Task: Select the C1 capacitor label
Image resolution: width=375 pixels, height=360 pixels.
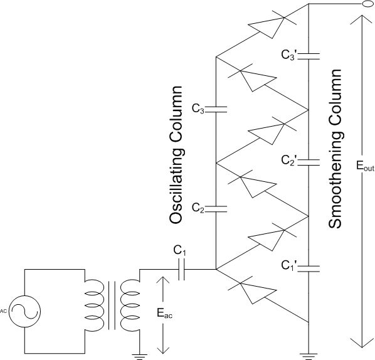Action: pyautogui.click(x=179, y=251)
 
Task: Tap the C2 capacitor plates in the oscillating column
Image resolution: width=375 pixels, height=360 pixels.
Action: pyautogui.click(x=216, y=209)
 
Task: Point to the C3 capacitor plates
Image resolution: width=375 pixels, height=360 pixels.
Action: pyautogui.click(x=216, y=109)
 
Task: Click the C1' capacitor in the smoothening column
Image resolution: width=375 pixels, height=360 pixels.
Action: pyautogui.click(x=309, y=268)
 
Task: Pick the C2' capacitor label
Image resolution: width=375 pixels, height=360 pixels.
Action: pyautogui.click(x=289, y=161)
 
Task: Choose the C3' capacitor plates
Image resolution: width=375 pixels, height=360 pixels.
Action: pyautogui.click(x=309, y=56)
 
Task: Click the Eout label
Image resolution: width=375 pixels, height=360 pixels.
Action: pyautogui.click(x=365, y=166)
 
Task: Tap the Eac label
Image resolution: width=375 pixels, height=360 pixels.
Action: pyautogui.click(x=165, y=313)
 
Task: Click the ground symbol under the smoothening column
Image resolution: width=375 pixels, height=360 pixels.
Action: pyautogui.click(x=309, y=356)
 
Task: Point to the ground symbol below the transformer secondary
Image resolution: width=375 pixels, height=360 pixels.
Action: pyautogui.click(x=140, y=356)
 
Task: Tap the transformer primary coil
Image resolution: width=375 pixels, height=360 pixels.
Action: pyautogui.click(x=94, y=305)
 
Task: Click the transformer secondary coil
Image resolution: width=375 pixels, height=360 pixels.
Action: pyautogui.click(x=130, y=305)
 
